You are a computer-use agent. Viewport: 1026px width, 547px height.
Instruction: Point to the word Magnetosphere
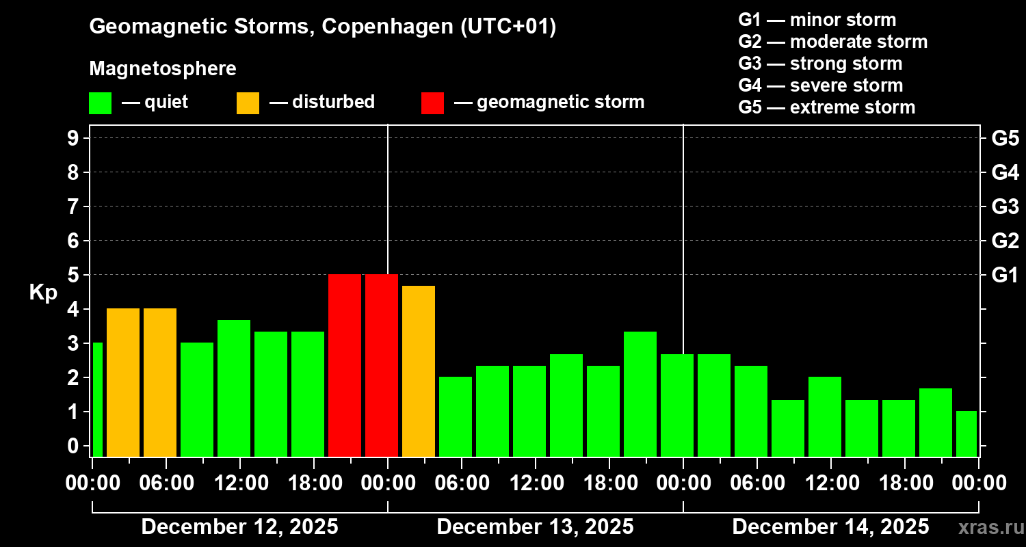(163, 69)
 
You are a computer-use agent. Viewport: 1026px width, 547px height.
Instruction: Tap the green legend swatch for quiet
(100, 103)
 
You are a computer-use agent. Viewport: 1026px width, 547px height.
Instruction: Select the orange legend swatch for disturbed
(248, 103)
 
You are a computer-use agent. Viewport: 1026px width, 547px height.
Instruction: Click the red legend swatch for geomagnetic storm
(432, 103)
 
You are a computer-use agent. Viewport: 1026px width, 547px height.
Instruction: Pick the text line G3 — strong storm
(820, 64)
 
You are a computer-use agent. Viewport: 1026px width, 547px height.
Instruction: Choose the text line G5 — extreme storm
(826, 107)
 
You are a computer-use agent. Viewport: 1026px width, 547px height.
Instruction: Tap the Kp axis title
(43, 292)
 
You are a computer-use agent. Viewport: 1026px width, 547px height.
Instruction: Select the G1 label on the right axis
(1005, 275)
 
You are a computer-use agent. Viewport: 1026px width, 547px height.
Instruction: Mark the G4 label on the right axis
(1005, 172)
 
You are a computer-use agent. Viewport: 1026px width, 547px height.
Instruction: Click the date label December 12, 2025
(239, 527)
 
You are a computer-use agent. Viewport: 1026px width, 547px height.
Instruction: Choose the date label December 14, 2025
(830, 527)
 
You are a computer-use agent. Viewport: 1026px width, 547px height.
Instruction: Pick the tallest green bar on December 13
(640, 394)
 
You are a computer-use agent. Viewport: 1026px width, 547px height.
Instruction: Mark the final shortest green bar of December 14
(966, 433)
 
